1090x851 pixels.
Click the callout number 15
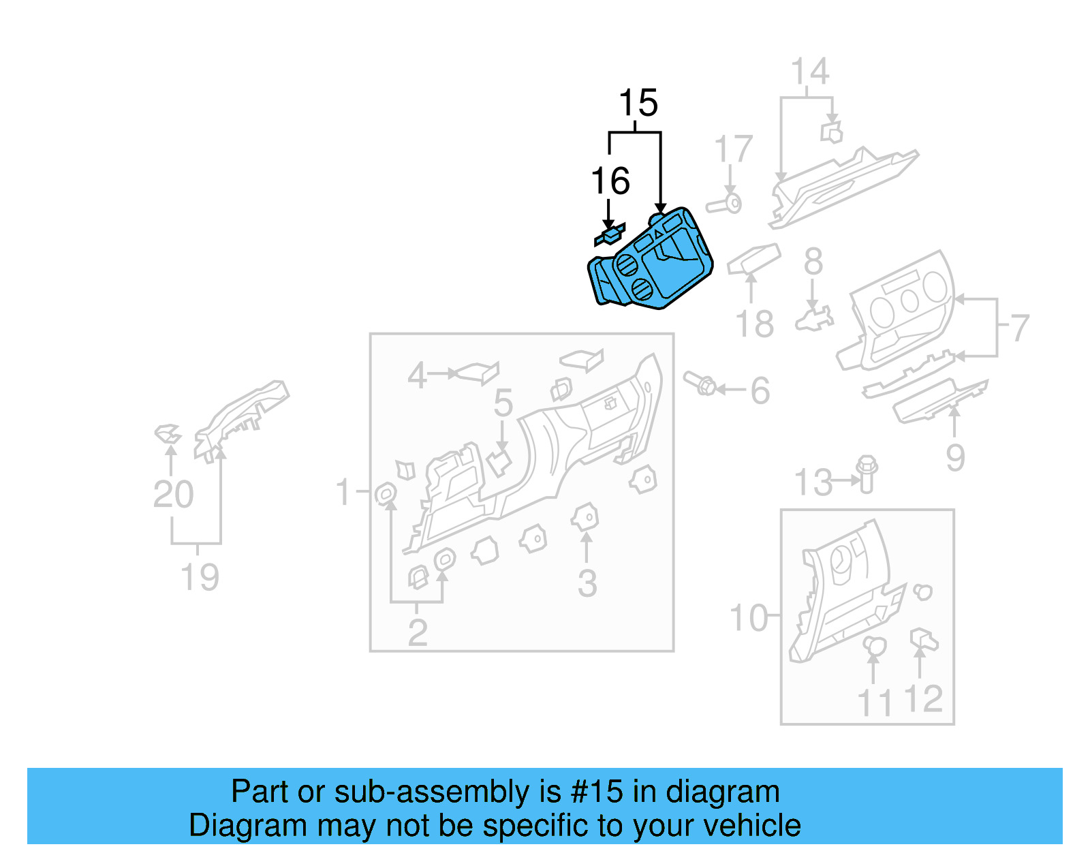[638, 104]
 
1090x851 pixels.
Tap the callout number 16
[610, 181]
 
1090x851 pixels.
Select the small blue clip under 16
[609, 234]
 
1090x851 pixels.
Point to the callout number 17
[734, 150]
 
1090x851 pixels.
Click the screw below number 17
[724, 204]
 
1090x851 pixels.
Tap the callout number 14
[810, 72]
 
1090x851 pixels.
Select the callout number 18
[755, 324]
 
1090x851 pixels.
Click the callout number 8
[813, 262]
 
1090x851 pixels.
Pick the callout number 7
[1019, 328]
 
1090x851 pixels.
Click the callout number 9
[955, 458]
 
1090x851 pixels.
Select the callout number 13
[813, 483]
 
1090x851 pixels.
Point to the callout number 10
[748, 619]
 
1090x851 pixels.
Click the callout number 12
[923, 700]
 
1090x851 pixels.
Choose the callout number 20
[173, 495]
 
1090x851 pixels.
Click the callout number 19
[200, 578]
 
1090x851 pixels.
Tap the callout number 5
[503, 403]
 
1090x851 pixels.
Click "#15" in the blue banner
[596, 792]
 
